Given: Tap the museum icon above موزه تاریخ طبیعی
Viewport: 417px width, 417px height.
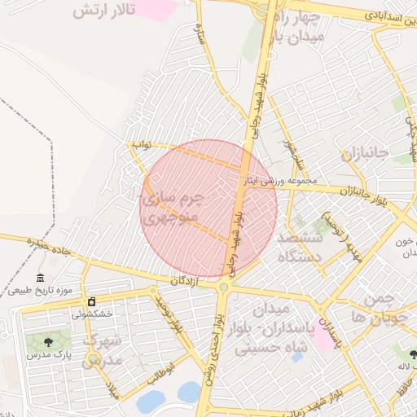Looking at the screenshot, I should coord(41,279).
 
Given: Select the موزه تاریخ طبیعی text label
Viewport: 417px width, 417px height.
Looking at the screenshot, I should coord(42,290).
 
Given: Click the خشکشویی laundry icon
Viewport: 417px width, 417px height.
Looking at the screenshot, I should coord(91,302).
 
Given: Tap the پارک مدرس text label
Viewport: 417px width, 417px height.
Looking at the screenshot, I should coord(48,354).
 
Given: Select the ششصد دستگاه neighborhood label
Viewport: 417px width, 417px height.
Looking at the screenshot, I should coord(301,247).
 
